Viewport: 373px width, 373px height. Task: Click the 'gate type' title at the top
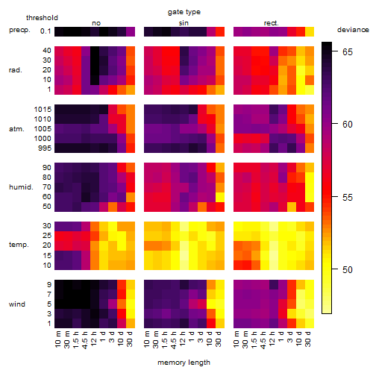tap(184, 12)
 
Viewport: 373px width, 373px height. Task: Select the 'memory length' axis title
tap(184, 363)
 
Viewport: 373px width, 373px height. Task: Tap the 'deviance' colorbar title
tap(353, 30)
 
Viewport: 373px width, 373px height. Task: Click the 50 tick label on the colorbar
tap(348, 269)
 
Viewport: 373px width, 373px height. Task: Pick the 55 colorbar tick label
tap(348, 197)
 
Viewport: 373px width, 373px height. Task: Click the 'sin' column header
tap(184, 23)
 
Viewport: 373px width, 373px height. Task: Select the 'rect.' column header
tap(271, 23)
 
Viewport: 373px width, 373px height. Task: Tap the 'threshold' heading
tap(42, 18)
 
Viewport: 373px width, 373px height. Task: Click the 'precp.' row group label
tap(19, 30)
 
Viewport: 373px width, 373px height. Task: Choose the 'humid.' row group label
tap(21, 186)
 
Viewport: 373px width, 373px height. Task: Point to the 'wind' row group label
tap(17, 304)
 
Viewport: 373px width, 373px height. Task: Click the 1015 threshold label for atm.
tap(43, 109)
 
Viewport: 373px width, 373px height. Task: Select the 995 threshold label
tap(45, 148)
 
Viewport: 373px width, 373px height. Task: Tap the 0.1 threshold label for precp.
tap(46, 31)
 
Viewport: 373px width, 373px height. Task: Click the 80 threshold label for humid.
tap(47, 178)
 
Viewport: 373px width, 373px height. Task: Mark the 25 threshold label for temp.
tap(47, 235)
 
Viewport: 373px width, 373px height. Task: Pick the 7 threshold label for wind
tap(49, 295)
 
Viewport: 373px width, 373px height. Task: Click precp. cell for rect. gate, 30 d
tap(310, 31)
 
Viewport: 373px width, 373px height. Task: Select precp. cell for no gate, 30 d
tap(131, 31)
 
